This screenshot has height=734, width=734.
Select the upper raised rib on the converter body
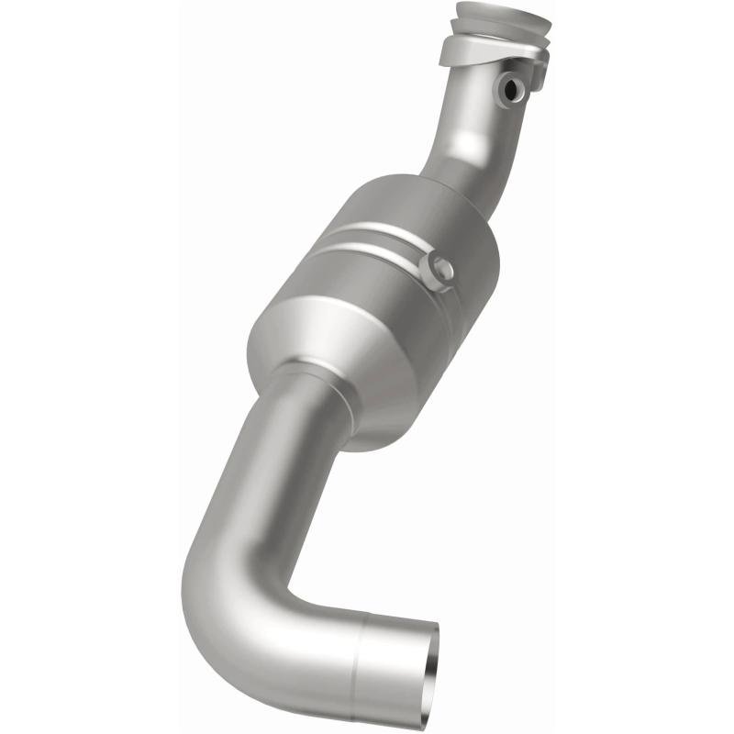click(x=385, y=229)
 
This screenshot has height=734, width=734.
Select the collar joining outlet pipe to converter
click(x=312, y=385)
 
